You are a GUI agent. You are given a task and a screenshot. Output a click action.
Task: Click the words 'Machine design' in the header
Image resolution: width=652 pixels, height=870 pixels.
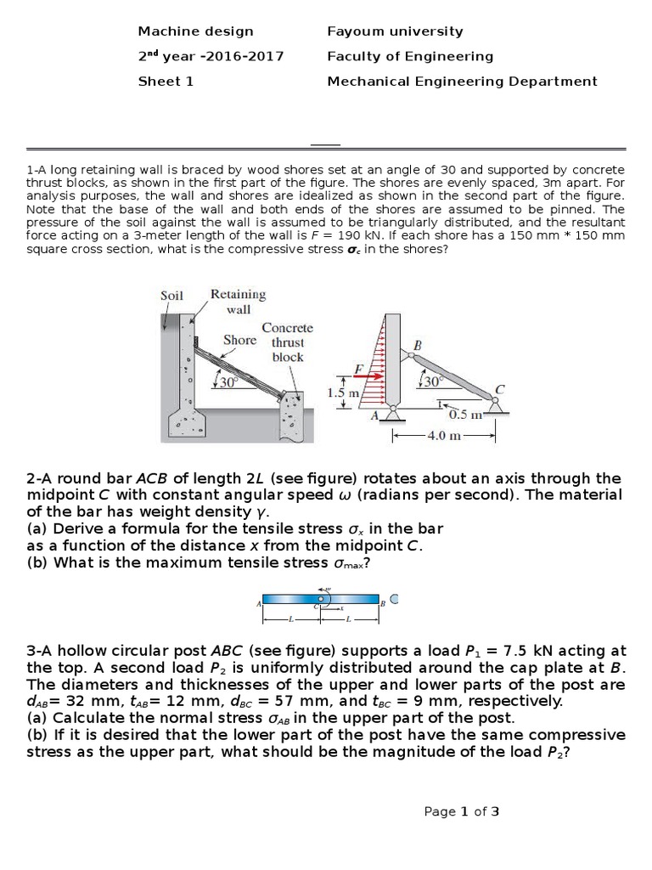[x=195, y=31]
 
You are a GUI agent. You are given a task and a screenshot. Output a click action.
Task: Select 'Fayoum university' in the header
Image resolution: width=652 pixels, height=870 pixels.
[x=395, y=31]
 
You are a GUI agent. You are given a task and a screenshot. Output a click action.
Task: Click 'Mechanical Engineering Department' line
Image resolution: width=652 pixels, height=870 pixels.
[x=462, y=82]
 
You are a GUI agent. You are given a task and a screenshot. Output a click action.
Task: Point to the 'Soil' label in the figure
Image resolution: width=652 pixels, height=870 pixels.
[x=171, y=296]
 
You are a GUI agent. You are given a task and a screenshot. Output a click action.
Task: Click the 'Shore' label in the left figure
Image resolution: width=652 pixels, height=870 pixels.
[x=239, y=340]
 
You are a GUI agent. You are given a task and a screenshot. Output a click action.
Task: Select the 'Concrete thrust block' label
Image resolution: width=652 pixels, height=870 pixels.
[x=288, y=342]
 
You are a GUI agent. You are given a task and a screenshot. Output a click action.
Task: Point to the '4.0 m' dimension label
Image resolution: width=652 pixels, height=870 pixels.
[x=443, y=436]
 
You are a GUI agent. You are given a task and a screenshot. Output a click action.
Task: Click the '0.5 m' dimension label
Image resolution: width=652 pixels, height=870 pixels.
[x=465, y=415]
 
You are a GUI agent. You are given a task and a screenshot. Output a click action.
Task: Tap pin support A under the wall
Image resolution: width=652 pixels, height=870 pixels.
[x=392, y=414]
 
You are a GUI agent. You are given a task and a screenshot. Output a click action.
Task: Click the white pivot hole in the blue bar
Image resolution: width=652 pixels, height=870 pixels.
[x=321, y=600]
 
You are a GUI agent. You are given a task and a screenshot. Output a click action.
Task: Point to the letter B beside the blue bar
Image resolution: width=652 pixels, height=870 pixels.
[x=383, y=604]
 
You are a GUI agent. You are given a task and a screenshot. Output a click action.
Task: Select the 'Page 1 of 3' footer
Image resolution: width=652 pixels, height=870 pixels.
[x=461, y=811]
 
